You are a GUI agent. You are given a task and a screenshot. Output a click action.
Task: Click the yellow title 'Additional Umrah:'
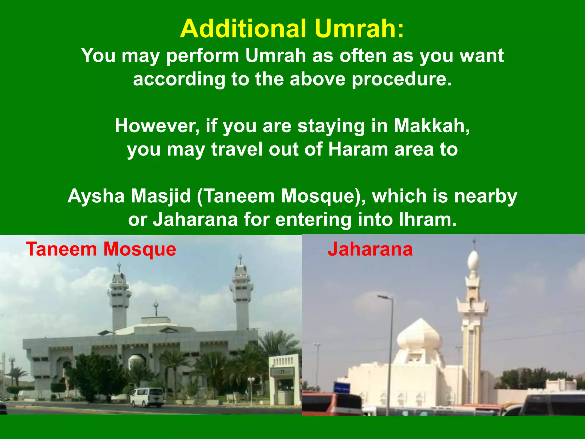[x=292, y=29]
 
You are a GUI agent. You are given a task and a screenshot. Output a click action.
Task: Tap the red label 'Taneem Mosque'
[x=101, y=249]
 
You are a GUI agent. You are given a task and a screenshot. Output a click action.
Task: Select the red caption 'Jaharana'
[x=370, y=249]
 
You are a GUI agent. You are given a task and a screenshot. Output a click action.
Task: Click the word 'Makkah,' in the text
[x=432, y=126]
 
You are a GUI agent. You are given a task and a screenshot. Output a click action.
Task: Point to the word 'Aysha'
[x=96, y=196]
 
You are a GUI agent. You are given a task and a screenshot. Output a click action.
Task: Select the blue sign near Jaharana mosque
[x=342, y=388]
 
